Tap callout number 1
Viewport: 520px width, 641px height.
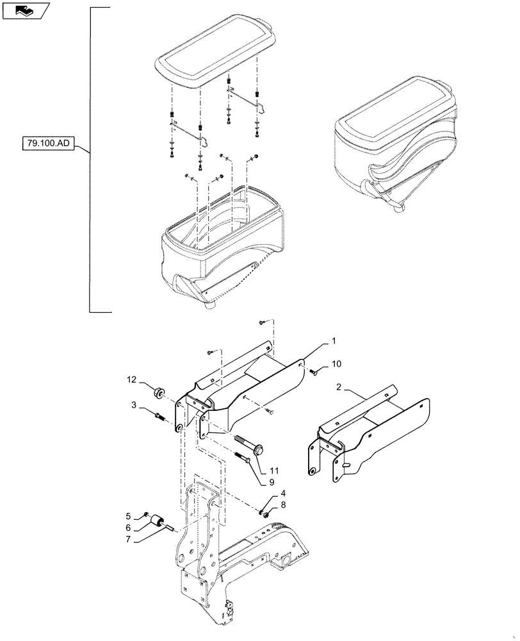click(333, 340)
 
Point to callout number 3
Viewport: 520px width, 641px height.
click(134, 406)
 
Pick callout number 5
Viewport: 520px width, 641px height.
click(127, 516)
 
